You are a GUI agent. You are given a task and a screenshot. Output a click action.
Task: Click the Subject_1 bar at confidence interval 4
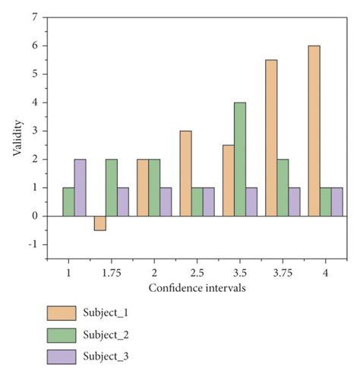pyautogui.click(x=314, y=131)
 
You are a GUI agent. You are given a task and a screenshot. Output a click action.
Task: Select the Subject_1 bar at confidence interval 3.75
pyautogui.click(x=271, y=138)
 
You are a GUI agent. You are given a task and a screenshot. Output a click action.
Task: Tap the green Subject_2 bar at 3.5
pyautogui.click(x=239, y=159)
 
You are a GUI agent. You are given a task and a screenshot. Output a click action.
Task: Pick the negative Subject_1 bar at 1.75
pyautogui.click(x=99, y=223)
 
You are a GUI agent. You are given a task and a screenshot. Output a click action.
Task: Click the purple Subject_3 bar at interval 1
pyautogui.click(x=79, y=188)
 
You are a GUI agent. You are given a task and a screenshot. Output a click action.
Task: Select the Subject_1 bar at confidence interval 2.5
pyautogui.click(x=185, y=173)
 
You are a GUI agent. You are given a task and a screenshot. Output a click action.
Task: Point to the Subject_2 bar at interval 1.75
pyautogui.click(x=111, y=188)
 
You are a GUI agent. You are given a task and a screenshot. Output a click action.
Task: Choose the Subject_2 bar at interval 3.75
pyautogui.click(x=282, y=188)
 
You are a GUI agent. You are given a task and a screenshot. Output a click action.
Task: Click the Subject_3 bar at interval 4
pyautogui.click(x=336, y=201)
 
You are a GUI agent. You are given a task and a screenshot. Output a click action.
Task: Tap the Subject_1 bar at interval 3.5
pyautogui.click(x=228, y=180)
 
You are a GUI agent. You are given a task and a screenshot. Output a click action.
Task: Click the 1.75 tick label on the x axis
pyautogui.click(x=111, y=271)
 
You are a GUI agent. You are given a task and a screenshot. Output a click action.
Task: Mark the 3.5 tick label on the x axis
pyautogui.click(x=239, y=271)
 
